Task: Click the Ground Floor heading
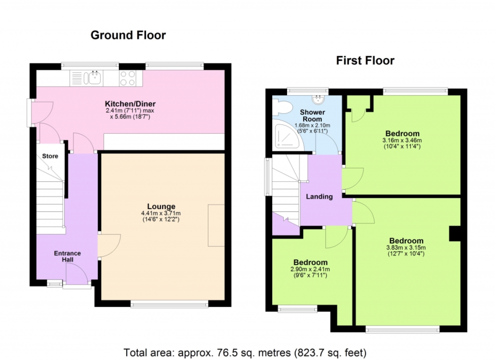coord(128,35)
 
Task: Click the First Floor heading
coord(365,60)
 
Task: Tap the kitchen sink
coord(95,78)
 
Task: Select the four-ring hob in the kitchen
coord(128,78)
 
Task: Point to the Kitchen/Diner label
coord(131,104)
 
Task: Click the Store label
coord(50,156)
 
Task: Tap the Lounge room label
coord(161,207)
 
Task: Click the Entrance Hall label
coord(67,256)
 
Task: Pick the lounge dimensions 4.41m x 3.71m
coord(161,213)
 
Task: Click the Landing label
coord(320,196)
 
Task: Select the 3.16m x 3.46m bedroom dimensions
coord(402,140)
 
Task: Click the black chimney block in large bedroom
coord(455,234)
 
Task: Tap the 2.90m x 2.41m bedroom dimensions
coord(310,270)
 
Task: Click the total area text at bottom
coord(245,352)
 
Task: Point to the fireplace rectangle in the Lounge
coord(216,225)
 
